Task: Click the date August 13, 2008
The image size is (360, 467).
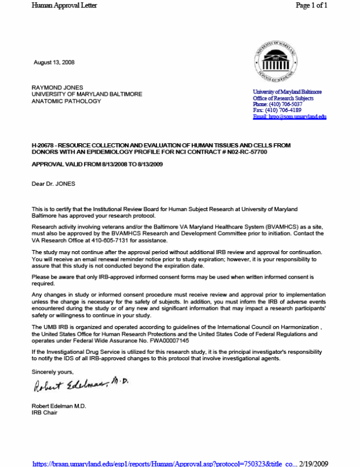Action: click(x=53, y=62)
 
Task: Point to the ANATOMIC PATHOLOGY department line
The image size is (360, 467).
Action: click(x=66, y=101)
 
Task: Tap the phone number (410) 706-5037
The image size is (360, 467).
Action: click(x=285, y=104)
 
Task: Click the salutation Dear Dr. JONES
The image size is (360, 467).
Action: click(x=53, y=184)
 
